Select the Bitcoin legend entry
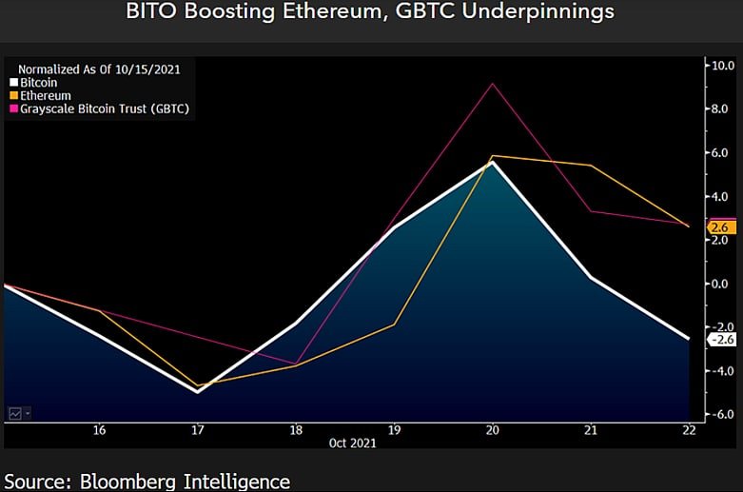coord(37,83)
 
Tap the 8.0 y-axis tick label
coord(720,109)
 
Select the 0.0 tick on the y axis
coord(720,284)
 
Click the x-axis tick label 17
coord(197,430)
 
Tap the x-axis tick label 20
coord(492,430)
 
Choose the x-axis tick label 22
coord(689,430)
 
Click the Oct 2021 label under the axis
coord(351,443)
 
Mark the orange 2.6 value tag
coord(719,227)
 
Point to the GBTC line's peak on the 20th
coord(492,84)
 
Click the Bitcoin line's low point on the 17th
coord(198,391)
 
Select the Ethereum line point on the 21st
coord(591,166)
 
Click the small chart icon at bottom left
coord(16,413)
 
